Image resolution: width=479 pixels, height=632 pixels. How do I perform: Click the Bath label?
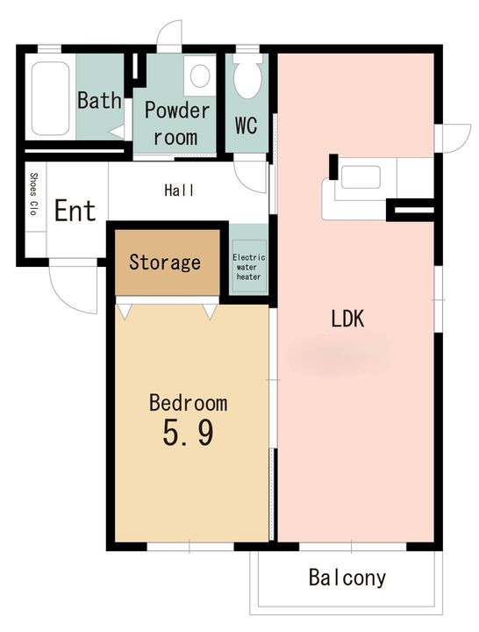[99, 100]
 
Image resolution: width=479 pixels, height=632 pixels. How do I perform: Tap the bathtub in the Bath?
[50, 98]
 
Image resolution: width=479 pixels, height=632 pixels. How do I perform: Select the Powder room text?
[177, 124]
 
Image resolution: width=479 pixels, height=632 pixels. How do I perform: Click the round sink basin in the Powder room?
[200, 75]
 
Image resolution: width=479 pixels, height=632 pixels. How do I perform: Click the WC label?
[247, 126]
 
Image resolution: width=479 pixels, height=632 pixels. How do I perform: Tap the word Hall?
[179, 190]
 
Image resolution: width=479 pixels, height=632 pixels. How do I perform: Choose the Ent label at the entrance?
[75, 210]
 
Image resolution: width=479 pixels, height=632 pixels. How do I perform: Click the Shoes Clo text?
[34, 194]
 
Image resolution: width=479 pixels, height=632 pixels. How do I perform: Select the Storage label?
[165, 262]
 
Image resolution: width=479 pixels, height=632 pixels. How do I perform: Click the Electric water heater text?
[248, 267]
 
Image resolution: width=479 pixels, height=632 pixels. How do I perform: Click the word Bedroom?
[188, 403]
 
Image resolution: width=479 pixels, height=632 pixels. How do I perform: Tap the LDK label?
[347, 319]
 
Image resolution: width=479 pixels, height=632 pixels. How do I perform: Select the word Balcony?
[347, 578]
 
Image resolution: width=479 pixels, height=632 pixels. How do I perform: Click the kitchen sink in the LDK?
[361, 177]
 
